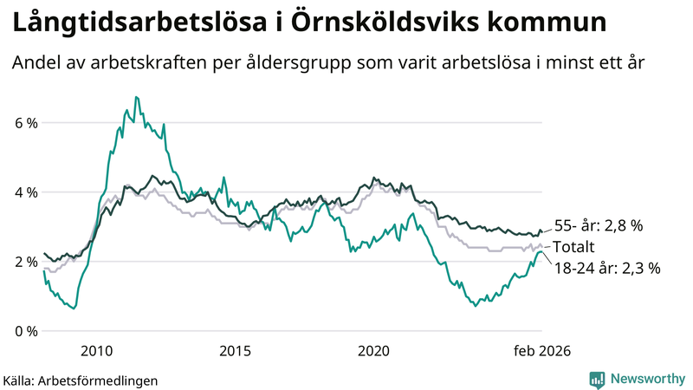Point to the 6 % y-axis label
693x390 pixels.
click(26, 123)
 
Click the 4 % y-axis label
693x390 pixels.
click(26, 192)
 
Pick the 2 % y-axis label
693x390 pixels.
click(26, 262)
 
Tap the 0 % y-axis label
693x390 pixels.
click(26, 331)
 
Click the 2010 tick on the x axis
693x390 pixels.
click(96, 351)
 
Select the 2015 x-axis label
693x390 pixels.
click(235, 351)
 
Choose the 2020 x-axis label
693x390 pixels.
click(373, 351)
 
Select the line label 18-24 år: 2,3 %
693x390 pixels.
click(606, 269)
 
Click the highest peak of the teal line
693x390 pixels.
click(136, 97)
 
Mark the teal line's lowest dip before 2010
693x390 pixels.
click(74, 308)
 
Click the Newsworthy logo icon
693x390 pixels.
click(597, 379)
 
